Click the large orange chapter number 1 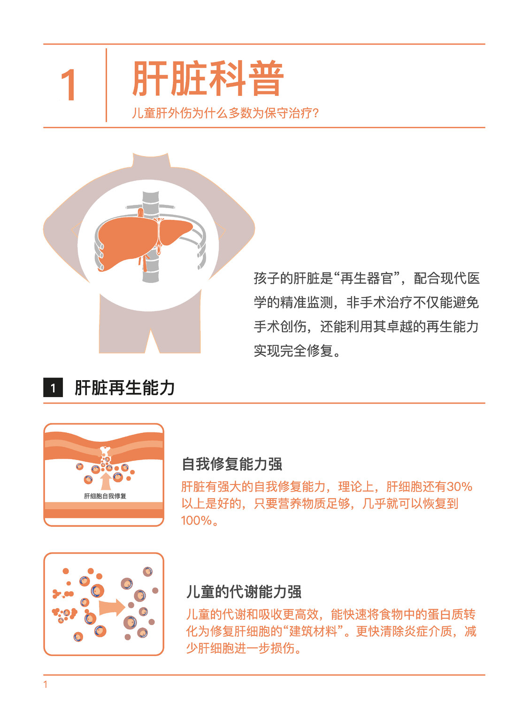(x=69, y=85)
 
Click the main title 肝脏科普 (x=208, y=78)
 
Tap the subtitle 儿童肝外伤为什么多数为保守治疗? (x=225, y=113)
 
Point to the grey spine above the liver (x=150, y=204)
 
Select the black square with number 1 (x=53, y=388)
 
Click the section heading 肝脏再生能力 (x=125, y=388)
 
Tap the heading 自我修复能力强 (x=232, y=464)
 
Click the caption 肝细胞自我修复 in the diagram (x=105, y=496)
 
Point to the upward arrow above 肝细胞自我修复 (x=106, y=481)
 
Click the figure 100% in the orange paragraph (x=197, y=521)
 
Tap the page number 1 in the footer (x=46, y=685)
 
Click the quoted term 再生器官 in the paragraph (x=367, y=278)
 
